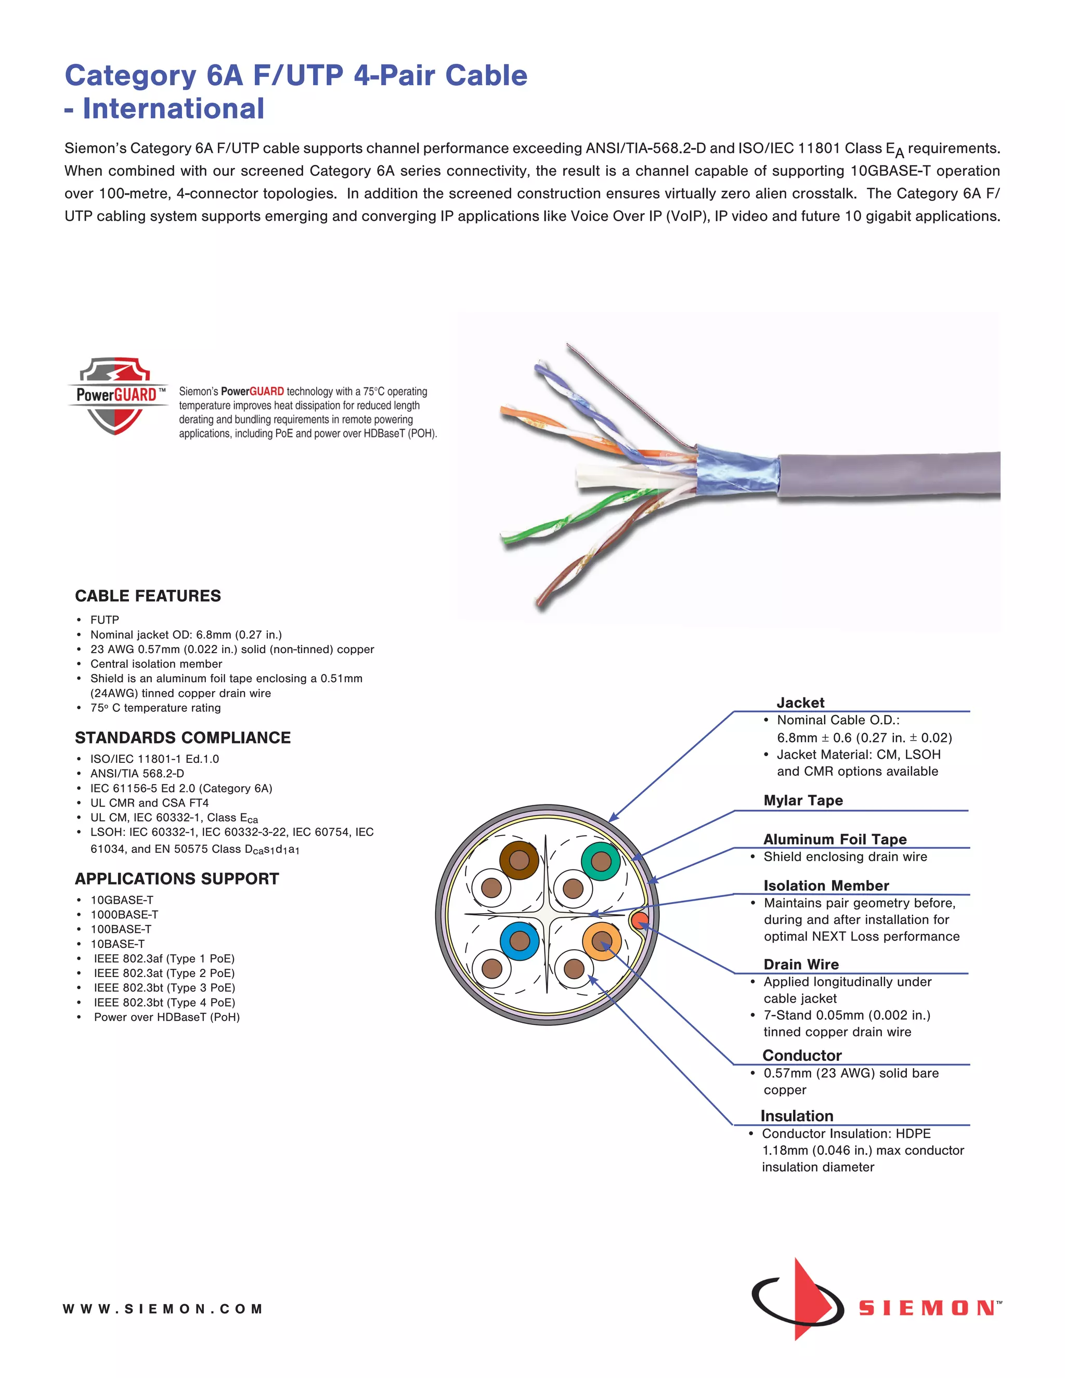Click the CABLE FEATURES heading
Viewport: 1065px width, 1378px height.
coord(148,596)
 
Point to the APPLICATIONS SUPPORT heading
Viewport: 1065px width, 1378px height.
coord(177,879)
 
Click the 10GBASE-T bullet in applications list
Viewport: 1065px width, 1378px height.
coord(122,900)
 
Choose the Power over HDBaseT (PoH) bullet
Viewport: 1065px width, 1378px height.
coord(166,1017)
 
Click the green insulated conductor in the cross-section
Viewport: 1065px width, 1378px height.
coord(600,861)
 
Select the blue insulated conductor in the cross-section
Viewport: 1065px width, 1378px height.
coord(519,941)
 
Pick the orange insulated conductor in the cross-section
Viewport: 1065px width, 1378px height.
coord(601,941)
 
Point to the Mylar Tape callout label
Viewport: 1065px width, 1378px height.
coord(802,801)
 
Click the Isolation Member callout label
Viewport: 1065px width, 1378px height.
coord(826,886)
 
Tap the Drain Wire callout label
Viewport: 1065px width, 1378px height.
coord(801,965)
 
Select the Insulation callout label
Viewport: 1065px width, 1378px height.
coord(796,1116)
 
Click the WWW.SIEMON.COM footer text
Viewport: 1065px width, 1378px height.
coord(162,1309)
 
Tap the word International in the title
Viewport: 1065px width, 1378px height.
coord(174,109)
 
